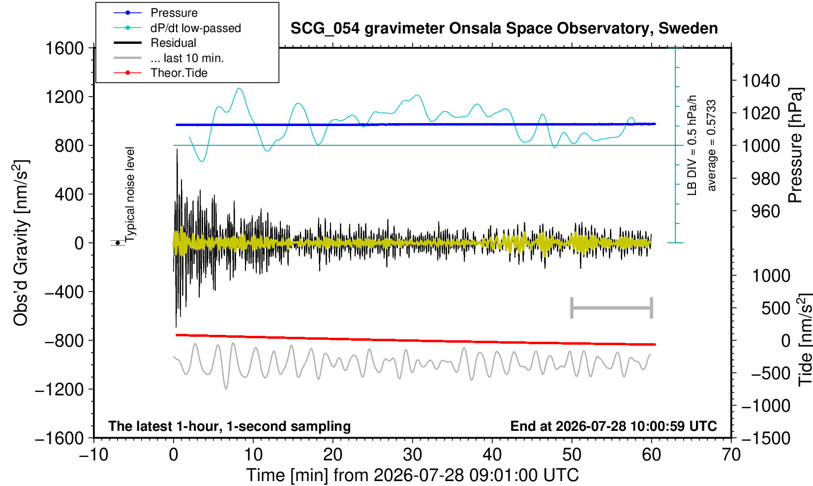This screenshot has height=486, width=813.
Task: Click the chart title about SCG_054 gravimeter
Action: pos(504,29)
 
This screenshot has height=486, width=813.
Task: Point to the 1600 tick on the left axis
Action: pos(64,48)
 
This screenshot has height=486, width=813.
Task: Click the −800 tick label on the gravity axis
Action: pos(64,341)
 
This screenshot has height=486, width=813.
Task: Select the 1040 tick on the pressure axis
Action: pos(761,80)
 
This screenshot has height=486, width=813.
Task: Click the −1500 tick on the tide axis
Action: pos(766,438)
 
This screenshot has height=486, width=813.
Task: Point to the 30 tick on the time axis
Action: pos(412,455)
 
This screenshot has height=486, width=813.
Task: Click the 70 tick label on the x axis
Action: pos(731,455)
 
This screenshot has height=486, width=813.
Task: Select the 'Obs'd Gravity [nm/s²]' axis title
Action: pos(20,243)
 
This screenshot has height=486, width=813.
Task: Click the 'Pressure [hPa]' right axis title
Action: pos(796,145)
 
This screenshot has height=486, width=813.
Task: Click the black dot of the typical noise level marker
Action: pos(118,243)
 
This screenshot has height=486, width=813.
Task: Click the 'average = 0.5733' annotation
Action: pos(712,145)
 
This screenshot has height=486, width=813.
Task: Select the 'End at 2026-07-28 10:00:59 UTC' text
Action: pos(613,426)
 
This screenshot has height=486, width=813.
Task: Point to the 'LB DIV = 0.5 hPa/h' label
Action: pos(692,145)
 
